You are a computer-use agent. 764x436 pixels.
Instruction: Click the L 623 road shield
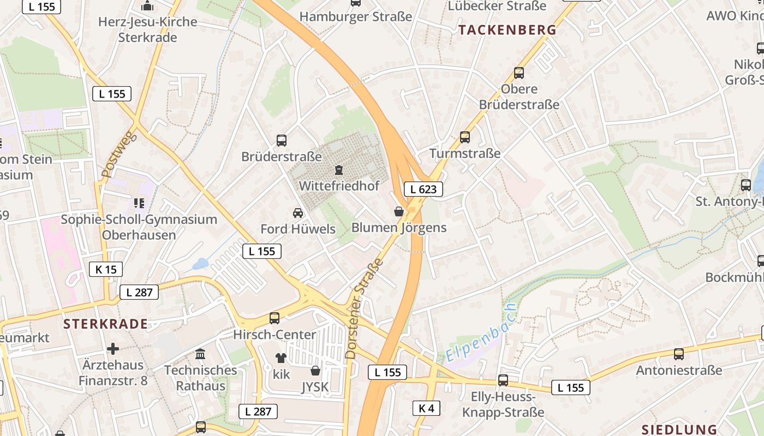click(423, 189)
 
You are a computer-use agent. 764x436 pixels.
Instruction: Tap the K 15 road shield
click(106, 269)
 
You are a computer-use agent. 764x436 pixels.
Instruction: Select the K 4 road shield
click(426, 408)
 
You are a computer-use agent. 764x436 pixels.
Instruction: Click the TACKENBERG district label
click(508, 30)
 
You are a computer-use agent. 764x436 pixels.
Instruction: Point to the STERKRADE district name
click(105, 324)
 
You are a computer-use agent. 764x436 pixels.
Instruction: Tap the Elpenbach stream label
click(481, 334)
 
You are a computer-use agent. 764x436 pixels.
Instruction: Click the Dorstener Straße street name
click(364, 308)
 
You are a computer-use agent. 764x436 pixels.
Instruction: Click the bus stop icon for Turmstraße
click(464, 137)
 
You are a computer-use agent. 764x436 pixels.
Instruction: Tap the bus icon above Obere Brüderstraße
click(518, 73)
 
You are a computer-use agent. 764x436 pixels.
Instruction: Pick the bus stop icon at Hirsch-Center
click(274, 318)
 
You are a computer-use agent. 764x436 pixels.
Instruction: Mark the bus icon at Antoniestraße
click(678, 354)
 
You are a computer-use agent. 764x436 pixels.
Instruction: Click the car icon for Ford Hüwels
click(297, 213)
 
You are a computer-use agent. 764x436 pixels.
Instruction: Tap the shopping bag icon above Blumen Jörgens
click(399, 211)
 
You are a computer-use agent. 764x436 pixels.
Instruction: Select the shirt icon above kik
click(281, 358)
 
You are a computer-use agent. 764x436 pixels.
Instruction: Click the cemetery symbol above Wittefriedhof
click(339, 170)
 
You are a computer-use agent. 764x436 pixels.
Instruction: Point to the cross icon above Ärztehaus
click(113, 348)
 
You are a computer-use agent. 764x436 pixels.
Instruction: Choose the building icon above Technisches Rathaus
click(200, 354)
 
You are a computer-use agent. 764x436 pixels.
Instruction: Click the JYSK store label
click(315, 387)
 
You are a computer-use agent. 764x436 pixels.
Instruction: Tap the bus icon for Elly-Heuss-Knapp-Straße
click(503, 380)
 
